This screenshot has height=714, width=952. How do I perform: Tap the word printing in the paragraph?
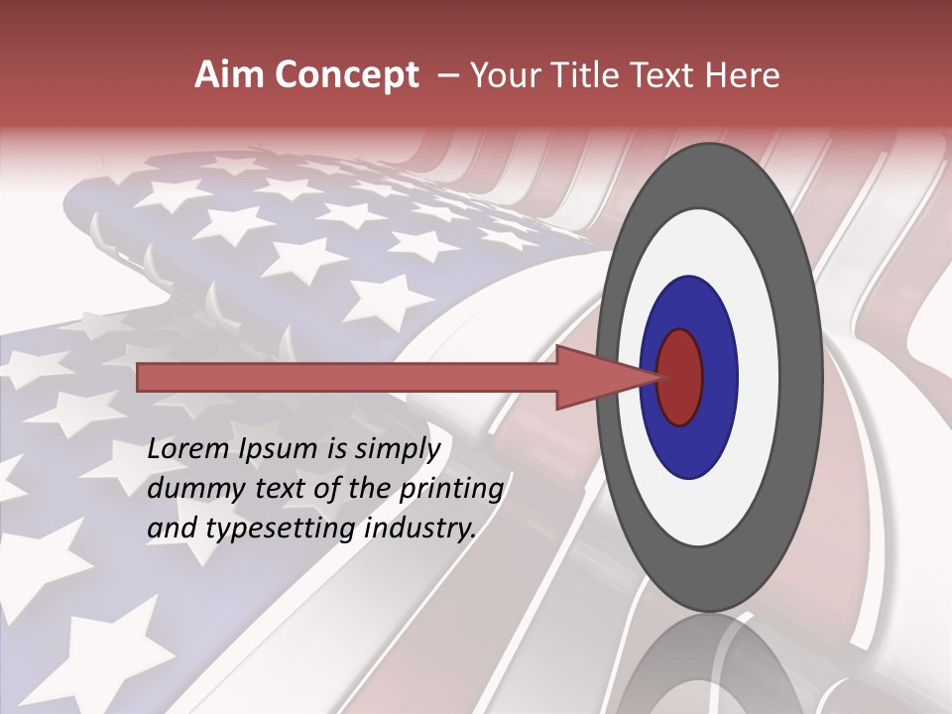coord(451,490)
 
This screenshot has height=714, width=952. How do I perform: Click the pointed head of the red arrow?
coord(605,377)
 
